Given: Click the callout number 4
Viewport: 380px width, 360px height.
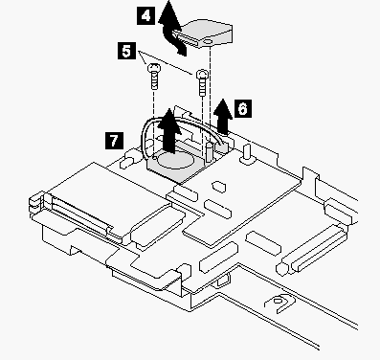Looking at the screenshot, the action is [145, 16].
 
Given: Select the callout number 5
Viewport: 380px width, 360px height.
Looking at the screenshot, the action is [126, 51].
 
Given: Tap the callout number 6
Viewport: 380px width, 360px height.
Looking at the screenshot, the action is [242, 108].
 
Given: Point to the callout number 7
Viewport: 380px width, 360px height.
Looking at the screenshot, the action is [114, 141].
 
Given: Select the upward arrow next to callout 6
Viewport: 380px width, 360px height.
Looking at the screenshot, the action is [223, 117].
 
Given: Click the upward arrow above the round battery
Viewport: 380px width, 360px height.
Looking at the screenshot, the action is [170, 130].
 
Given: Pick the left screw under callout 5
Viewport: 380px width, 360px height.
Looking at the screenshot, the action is [154, 77].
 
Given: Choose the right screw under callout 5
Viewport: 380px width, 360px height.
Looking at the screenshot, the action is [202, 82].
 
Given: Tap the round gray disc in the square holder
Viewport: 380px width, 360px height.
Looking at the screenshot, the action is [176, 161].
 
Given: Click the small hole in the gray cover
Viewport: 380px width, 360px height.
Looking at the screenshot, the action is [208, 42].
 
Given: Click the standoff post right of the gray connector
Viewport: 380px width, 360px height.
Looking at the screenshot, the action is [247, 152].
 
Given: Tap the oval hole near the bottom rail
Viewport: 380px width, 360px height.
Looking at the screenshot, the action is [278, 301].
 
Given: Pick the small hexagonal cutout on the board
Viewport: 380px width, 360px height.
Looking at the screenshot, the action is [219, 187].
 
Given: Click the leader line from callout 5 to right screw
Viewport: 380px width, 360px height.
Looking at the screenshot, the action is [165, 62].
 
